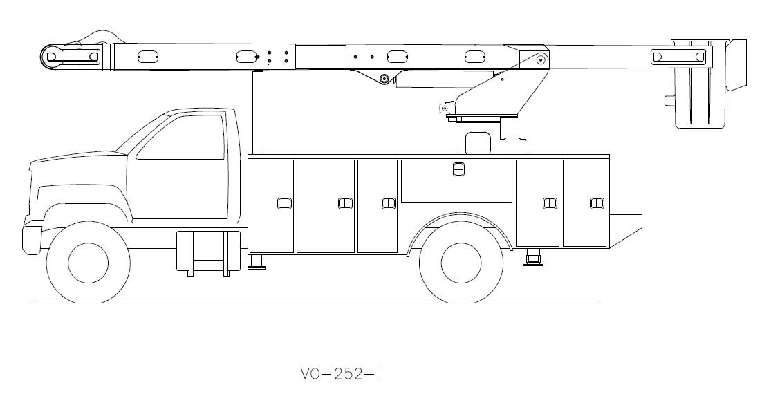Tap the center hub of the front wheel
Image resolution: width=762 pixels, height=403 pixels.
(x=88, y=262)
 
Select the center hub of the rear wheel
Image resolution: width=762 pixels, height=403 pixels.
(x=461, y=262)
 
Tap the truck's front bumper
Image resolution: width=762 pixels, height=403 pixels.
(x=32, y=236)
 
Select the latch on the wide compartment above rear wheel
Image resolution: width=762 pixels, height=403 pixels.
(x=457, y=169)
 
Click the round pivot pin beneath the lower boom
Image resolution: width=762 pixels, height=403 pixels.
(x=384, y=79)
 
